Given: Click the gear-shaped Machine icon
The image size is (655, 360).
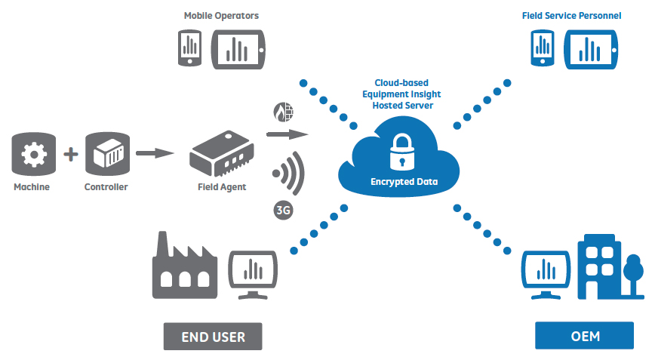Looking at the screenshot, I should tap(32, 155).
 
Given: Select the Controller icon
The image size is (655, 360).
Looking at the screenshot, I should tap(106, 155).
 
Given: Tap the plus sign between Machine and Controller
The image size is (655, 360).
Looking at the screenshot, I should tap(70, 155).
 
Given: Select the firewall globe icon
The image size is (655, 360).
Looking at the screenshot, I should tap(283, 114).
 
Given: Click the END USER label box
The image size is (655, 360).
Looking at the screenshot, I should tap(213, 336).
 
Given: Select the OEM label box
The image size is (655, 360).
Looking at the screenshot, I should tap(584, 336).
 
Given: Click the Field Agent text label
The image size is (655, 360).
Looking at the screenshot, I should tap(222, 187).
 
